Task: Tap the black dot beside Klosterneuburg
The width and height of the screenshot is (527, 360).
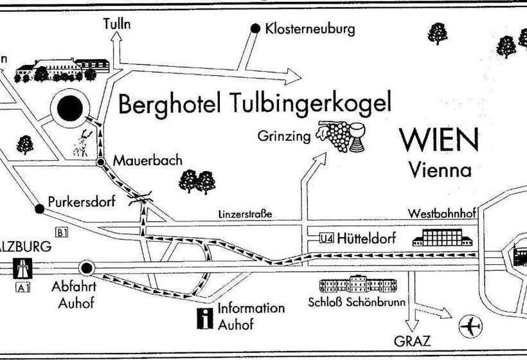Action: click(x=255, y=28)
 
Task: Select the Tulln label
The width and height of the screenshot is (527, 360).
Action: click(x=116, y=24)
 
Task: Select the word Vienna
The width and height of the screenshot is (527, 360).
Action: click(x=440, y=170)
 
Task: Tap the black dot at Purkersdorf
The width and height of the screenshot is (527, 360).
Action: click(x=40, y=208)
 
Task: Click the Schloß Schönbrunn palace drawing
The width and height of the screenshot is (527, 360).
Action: click(x=359, y=285)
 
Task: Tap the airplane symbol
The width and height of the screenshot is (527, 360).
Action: click(x=471, y=327)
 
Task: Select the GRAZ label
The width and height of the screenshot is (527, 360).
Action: click(x=413, y=340)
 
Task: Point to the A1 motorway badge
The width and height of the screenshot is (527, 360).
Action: click(x=22, y=288)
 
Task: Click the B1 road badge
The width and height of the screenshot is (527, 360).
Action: click(x=62, y=233)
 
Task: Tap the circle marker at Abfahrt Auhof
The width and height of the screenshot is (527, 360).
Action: click(x=87, y=267)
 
